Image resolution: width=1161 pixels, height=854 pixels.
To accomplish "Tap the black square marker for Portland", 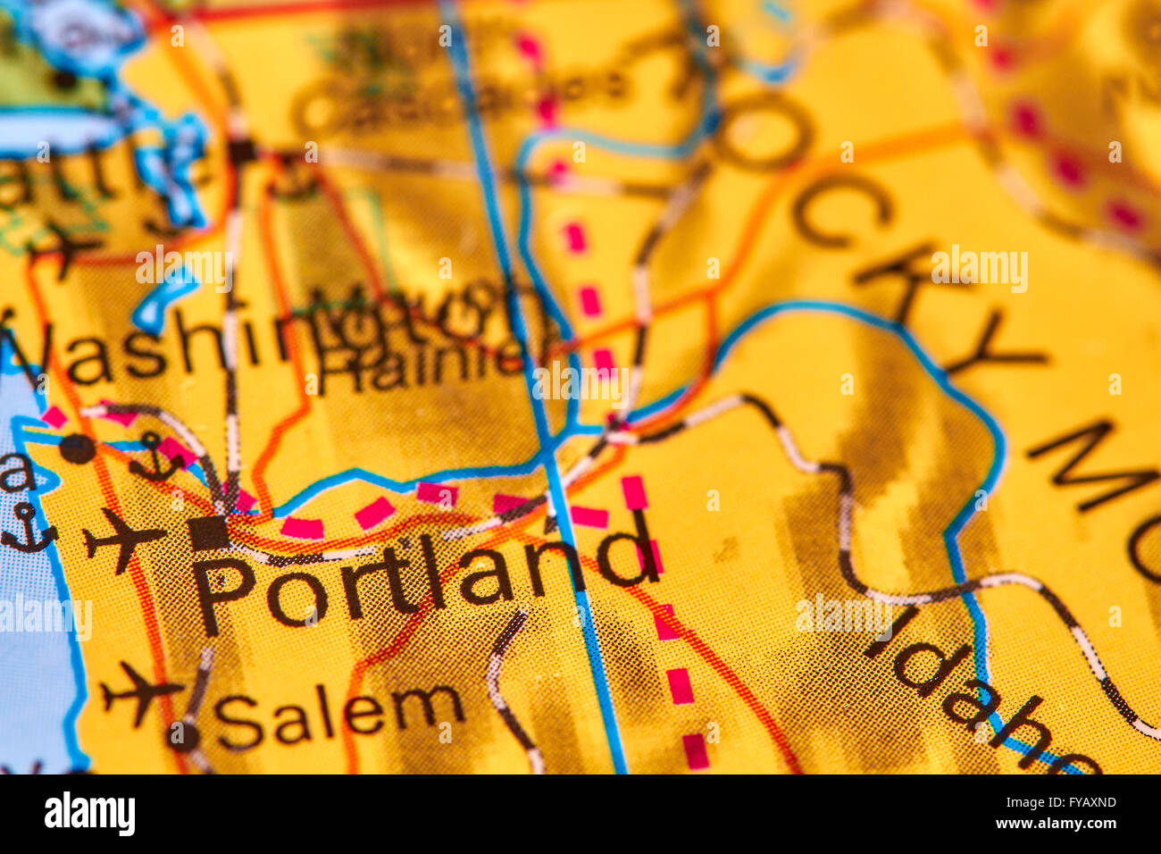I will [208, 532].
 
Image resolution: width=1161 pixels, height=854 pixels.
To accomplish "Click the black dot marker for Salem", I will [184, 736].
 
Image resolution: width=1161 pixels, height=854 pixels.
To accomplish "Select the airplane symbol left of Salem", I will [140, 692].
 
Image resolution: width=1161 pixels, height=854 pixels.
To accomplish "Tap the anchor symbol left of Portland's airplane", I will [29, 527].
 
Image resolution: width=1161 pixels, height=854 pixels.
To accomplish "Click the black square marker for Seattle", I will [242, 151].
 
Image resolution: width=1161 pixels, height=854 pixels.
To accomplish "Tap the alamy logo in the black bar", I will [89, 814].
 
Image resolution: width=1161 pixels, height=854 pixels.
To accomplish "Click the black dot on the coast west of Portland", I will [77, 448].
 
